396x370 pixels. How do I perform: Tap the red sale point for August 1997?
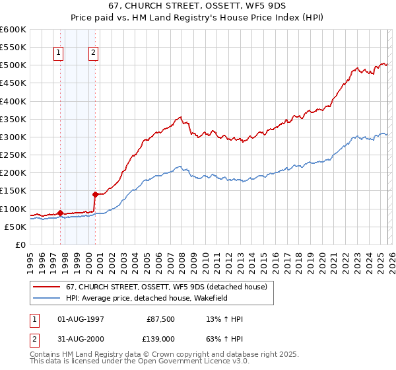[x=60, y=213]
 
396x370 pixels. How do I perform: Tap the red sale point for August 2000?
[x=96, y=194]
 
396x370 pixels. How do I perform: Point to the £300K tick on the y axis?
[x=13, y=137]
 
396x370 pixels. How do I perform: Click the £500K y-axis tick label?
[x=13, y=65]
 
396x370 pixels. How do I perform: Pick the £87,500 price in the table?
[x=160, y=319]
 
